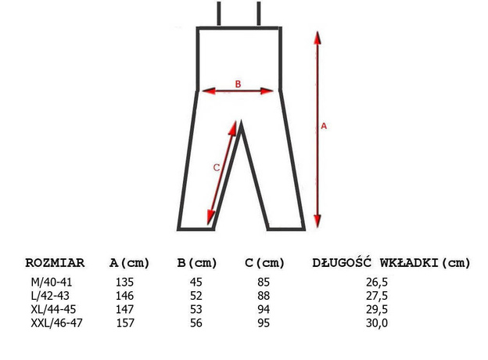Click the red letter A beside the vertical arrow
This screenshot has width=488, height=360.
[324, 126]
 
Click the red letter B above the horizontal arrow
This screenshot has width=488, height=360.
[238, 84]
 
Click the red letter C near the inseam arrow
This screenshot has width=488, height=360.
[217, 167]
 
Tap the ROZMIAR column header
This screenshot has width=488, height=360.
[55, 262]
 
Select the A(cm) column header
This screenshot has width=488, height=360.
[129, 263]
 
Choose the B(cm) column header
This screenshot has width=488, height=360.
[197, 263]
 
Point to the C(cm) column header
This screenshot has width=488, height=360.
[264, 263]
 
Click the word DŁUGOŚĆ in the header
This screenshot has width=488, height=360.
[342, 262]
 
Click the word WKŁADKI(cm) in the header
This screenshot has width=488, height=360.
[425, 263]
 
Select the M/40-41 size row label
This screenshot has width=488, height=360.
[52, 283]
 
